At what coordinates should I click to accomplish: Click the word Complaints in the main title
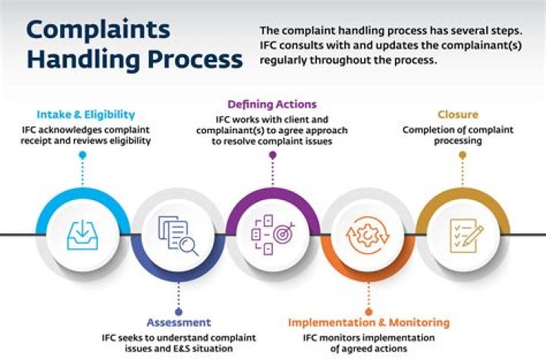pyautogui.click(x=98, y=31)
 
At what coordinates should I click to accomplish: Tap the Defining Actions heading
pyautogui.click(x=271, y=104)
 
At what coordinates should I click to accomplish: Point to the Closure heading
pyautogui.click(x=457, y=115)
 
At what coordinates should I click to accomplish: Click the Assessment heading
pyautogui.click(x=179, y=322)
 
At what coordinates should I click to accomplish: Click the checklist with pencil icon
pyautogui.click(x=462, y=234)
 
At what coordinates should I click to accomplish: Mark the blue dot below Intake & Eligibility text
pyautogui.click(x=82, y=155)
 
